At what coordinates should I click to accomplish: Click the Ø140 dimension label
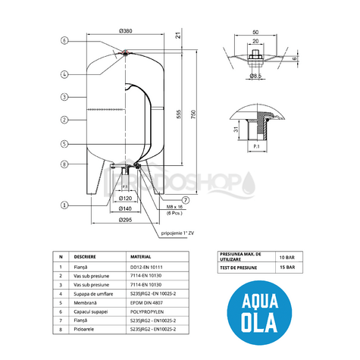127,208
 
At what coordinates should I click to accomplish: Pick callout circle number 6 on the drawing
64,40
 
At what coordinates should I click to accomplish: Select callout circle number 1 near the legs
64,204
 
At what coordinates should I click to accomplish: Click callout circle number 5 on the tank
64,143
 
